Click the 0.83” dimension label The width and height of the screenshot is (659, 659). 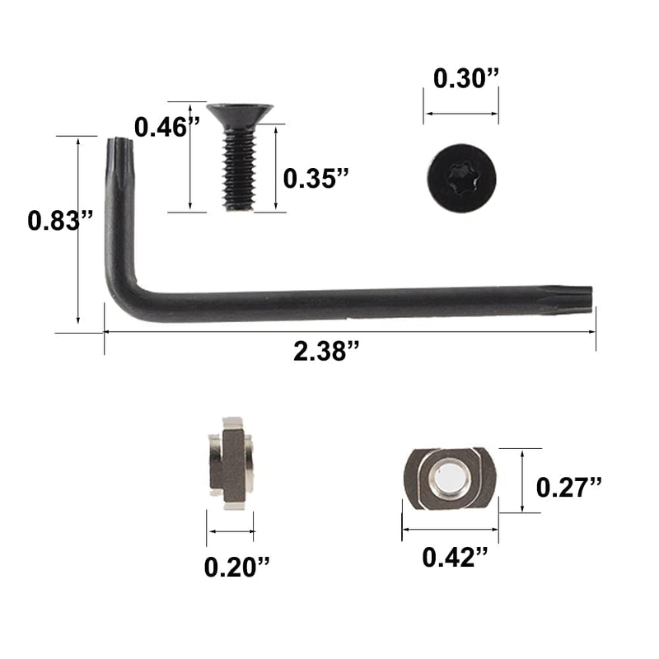click(60, 221)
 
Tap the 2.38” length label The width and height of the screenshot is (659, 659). click(326, 351)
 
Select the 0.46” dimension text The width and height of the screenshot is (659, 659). click(167, 127)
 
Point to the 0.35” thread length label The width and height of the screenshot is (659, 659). click(316, 178)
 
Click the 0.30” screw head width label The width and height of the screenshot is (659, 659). click(466, 78)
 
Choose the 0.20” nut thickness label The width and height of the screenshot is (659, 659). click(236, 567)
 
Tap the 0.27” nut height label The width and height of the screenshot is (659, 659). click(569, 487)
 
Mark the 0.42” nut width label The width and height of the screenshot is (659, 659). click(456, 558)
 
